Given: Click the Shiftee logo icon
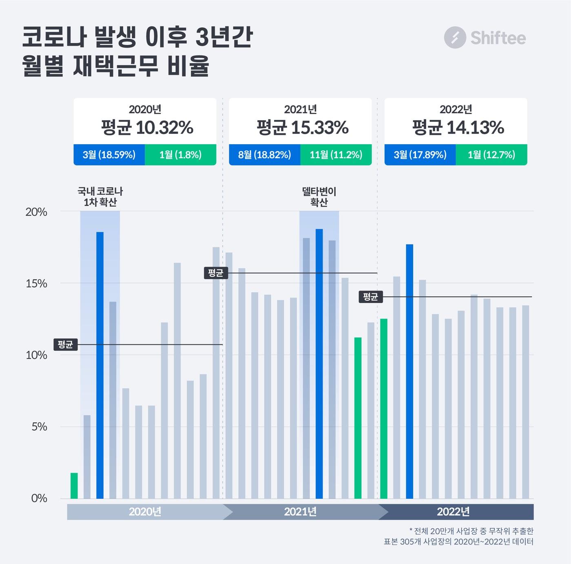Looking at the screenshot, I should coord(455,37).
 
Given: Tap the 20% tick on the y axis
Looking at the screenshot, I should coord(36,212).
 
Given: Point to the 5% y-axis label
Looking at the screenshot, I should coord(39,427).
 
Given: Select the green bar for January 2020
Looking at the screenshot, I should coord(74,485).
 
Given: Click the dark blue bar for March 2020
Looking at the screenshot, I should coord(100,365).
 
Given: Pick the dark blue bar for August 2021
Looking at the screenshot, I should coord(319,364).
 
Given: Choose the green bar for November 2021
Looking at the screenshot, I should coord(358,418).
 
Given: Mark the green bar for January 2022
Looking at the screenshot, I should coord(383,408).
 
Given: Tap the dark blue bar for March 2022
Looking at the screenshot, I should coord(409,371).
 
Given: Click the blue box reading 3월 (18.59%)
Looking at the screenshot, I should coord(109,155).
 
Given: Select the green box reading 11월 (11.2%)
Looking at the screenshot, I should coord(336,155).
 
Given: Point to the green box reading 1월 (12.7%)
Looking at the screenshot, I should coord(491,155).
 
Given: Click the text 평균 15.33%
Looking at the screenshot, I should coord(302,128).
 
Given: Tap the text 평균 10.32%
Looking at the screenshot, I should coord(147,128).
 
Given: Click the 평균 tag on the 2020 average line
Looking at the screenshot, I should coord(65,345).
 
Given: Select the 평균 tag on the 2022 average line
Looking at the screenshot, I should coord(370,297).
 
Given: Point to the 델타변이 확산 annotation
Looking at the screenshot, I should coord(319,196).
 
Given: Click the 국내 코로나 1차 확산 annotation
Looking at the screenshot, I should coord(100,196).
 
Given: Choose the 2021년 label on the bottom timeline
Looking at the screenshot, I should coord(300,512).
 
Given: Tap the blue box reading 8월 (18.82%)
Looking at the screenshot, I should coord(264,155).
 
